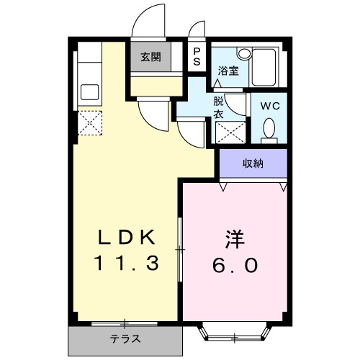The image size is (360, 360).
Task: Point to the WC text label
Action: tap(269, 105)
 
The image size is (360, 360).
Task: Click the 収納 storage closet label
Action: tap(252, 163)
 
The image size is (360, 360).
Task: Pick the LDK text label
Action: tap(127, 238)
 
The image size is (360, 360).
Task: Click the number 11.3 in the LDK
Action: tap(127, 264)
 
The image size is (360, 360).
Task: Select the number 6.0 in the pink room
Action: tap(233, 265)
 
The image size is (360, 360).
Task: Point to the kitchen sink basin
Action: tap(90, 92)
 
